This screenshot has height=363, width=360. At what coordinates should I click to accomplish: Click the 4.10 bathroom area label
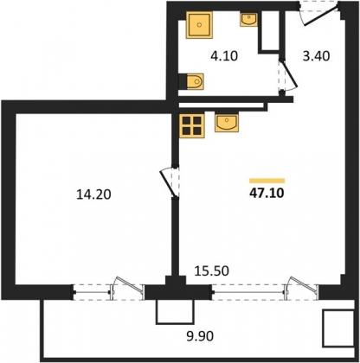point(224,56)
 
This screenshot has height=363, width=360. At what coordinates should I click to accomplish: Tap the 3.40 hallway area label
point(316,56)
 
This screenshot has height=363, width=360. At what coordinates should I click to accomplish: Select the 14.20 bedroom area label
point(93,194)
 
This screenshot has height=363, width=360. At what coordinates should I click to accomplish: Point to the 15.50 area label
point(212,271)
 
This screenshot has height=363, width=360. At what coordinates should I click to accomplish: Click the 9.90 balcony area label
point(200,336)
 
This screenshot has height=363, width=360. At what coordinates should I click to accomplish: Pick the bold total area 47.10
point(267,193)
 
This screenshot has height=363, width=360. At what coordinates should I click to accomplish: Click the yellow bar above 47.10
point(267,181)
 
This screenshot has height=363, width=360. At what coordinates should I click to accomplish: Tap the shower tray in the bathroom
point(199,25)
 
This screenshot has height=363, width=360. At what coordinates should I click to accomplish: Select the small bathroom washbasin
point(248,19)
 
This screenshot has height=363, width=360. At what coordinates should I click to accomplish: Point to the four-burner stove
point(192,125)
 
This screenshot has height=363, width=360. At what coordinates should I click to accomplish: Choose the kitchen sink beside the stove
point(227,123)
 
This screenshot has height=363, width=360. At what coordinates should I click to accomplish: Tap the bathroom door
point(287,74)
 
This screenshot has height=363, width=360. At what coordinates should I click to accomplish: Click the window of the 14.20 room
point(108,292)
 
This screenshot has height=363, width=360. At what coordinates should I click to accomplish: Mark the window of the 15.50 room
point(265,291)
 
